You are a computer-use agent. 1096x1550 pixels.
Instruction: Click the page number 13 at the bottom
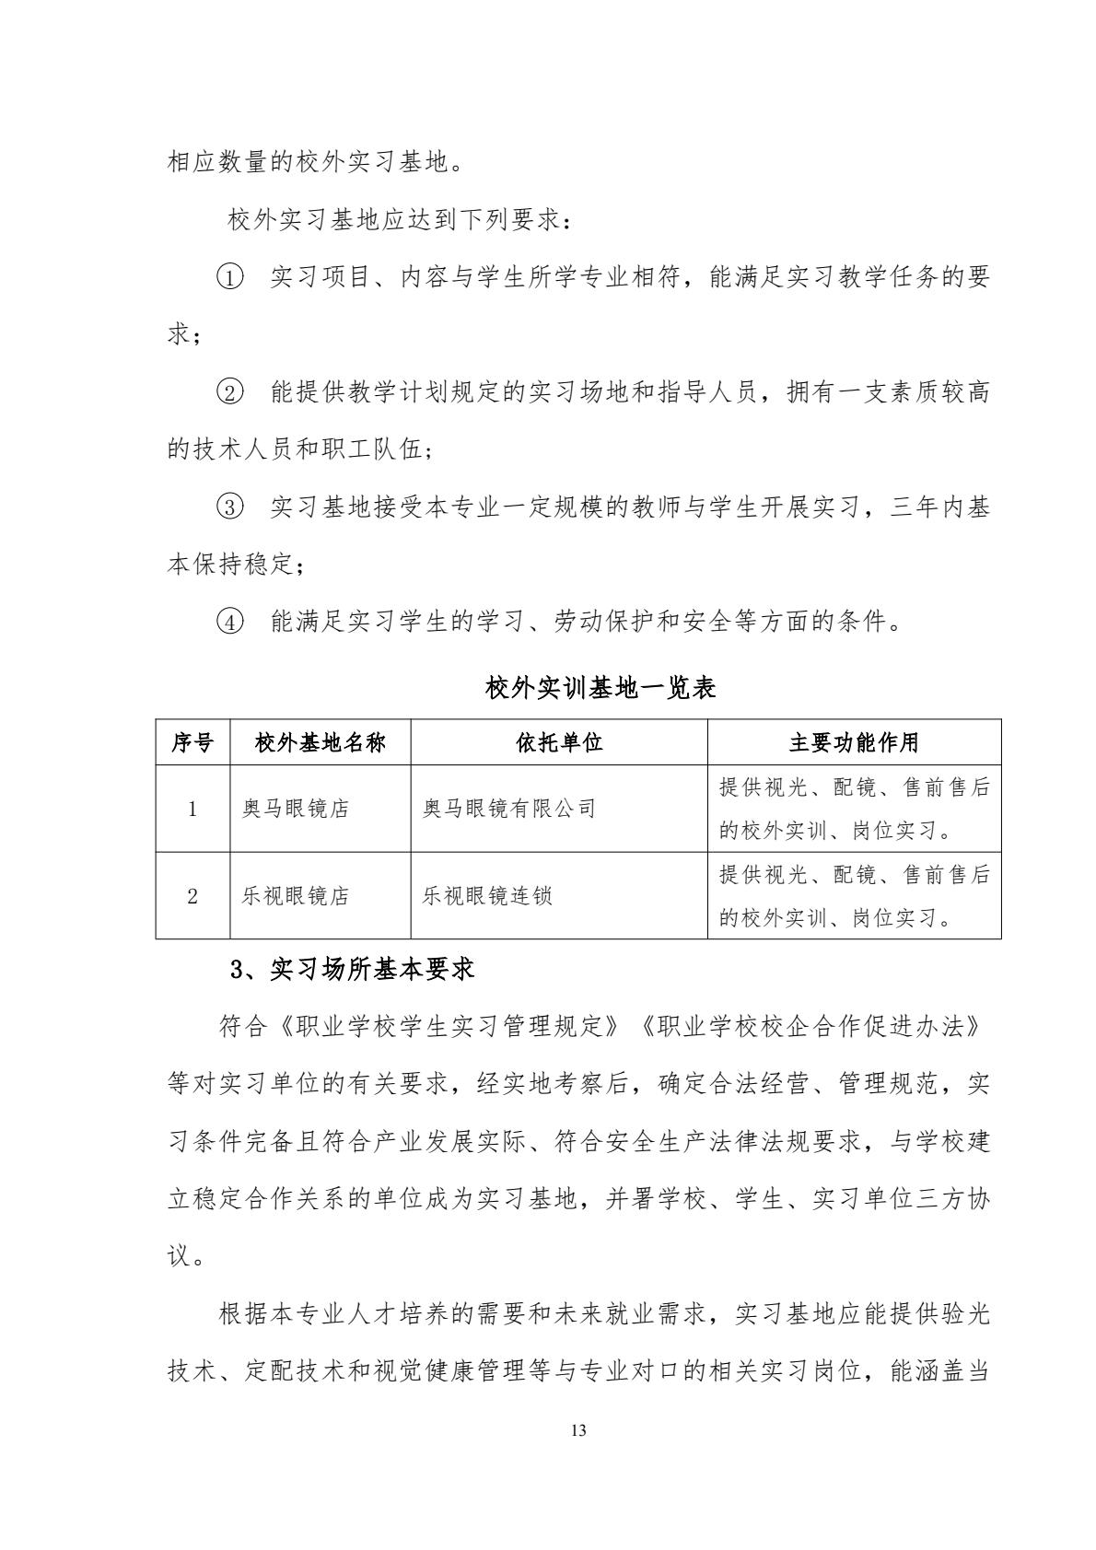578,1430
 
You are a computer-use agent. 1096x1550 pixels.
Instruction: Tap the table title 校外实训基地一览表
600,687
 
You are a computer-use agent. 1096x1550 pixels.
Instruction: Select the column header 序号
192,742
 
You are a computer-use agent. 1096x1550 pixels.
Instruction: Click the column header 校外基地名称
320,742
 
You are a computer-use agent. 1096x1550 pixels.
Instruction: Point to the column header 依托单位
559,742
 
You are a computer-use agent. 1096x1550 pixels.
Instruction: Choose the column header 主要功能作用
854,742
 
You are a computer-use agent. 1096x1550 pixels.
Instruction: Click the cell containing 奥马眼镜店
295,809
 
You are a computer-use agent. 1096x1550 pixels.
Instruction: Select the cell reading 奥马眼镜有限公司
509,809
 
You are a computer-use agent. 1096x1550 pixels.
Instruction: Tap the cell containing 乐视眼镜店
295,896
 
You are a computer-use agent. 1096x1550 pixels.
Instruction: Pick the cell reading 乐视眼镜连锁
487,896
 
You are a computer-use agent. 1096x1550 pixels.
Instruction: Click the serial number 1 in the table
192,809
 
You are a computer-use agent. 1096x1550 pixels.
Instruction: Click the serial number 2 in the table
192,896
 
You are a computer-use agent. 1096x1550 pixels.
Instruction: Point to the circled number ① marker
230,276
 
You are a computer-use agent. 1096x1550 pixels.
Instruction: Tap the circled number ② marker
230,392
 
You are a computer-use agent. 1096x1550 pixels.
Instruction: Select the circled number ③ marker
230,507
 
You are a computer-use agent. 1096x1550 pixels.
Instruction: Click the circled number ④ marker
230,623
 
